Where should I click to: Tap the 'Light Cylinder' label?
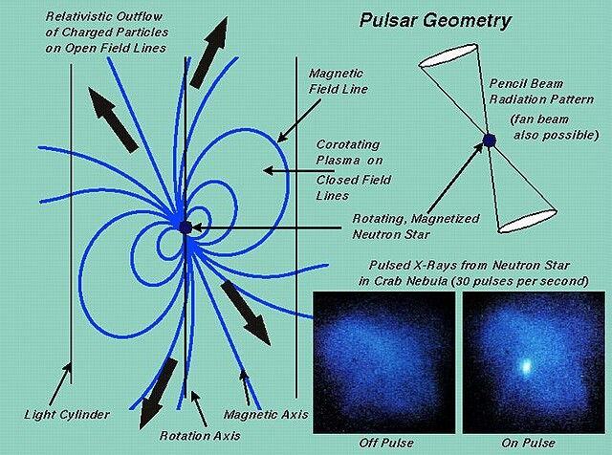coord(67,415)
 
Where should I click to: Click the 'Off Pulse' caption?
coord(384,442)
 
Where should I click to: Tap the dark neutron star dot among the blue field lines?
coord(185,227)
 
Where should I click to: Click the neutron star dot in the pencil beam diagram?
coord(489,141)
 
